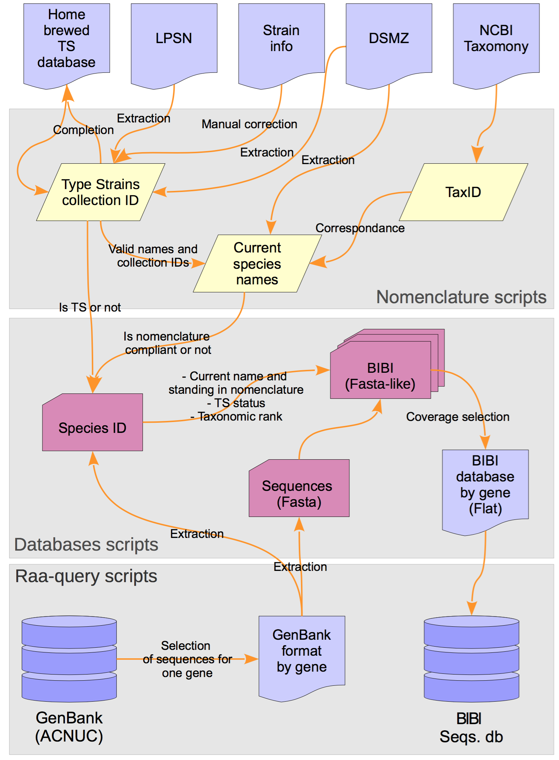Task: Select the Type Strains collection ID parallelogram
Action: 100,192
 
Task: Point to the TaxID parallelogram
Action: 463,192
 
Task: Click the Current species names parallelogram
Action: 257,264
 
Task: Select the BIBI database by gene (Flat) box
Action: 485,485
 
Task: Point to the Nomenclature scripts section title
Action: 461,297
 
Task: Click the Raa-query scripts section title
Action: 86,576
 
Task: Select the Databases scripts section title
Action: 86,545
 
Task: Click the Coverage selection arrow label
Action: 457,417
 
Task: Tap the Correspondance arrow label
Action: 360,228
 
